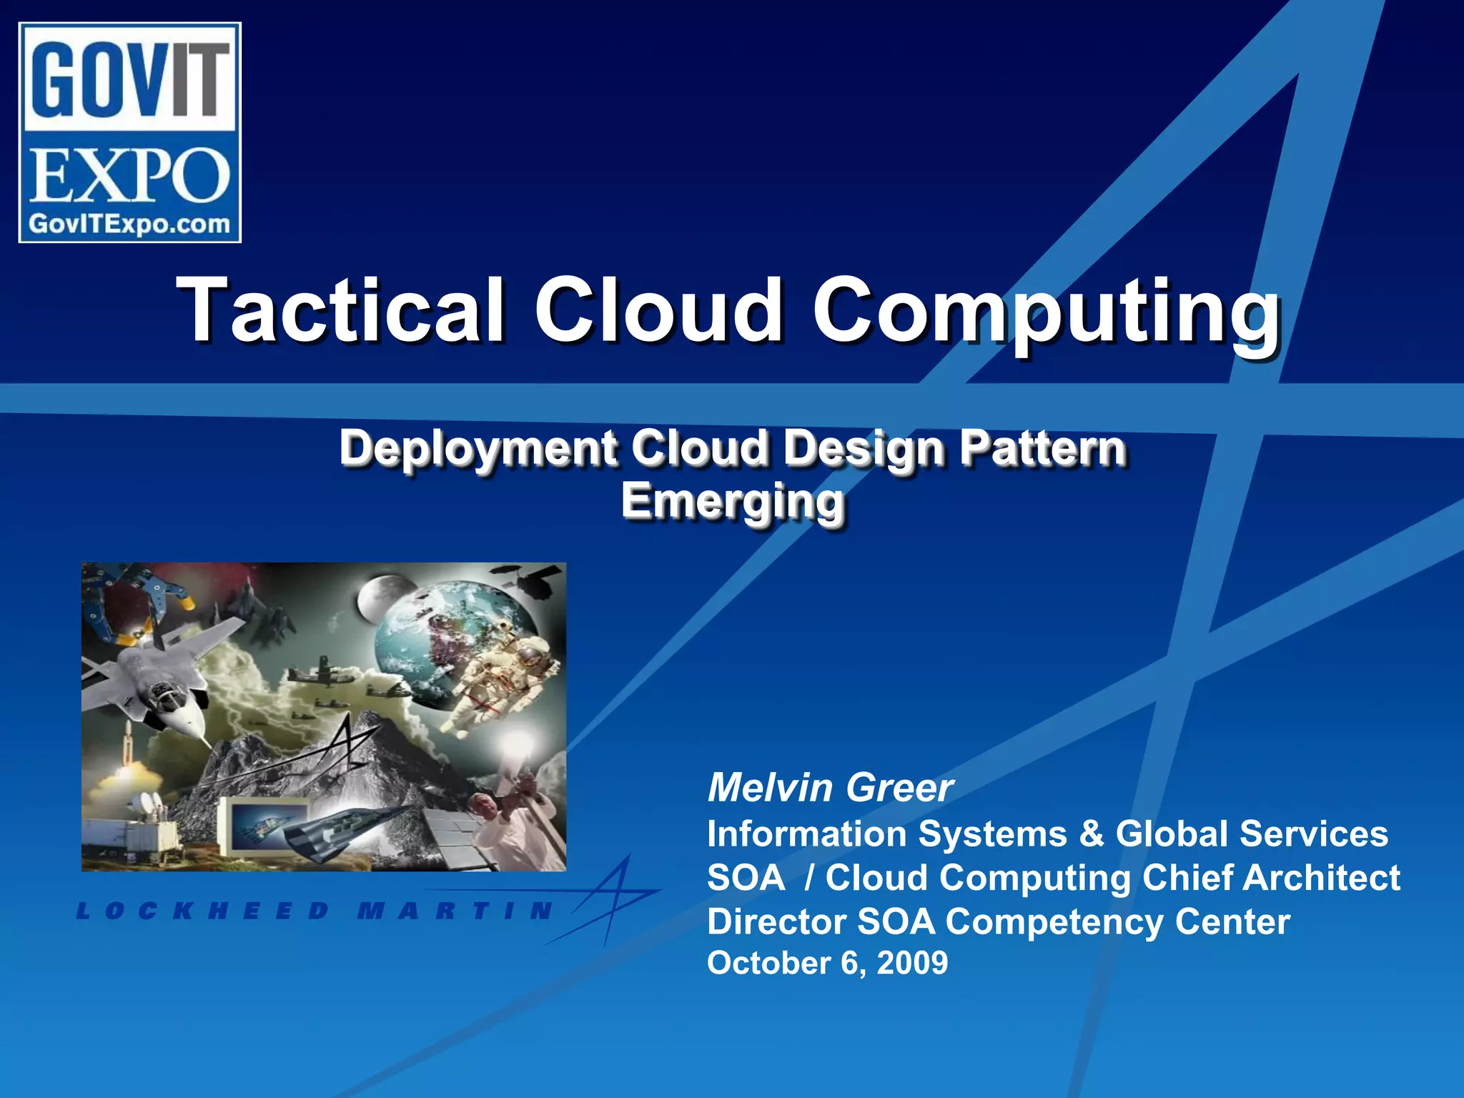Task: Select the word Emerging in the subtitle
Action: point(733,501)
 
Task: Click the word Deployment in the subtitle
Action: point(478,449)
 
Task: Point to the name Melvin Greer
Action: point(830,788)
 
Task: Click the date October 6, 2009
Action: point(827,963)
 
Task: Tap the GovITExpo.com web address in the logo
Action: point(129,224)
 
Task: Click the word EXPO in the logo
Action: point(129,175)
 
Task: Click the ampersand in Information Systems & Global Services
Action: point(1091,834)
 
